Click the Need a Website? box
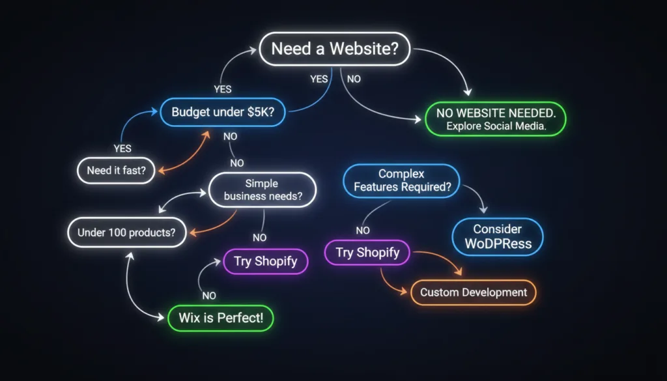tap(335, 49)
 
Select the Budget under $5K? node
tap(223, 112)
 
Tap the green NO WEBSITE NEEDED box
tap(496, 119)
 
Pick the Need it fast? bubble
tap(116, 171)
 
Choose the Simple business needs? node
tap(263, 190)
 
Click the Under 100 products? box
tap(127, 233)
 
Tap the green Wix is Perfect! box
tap(221, 318)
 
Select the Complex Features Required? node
tap(401, 180)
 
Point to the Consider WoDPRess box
tap(498, 237)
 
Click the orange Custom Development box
tap(474, 292)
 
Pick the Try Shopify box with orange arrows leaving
tap(367, 253)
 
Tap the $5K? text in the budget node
tap(261, 112)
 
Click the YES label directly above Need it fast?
tap(122, 148)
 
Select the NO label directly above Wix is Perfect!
tap(209, 296)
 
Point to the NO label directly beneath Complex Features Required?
tap(363, 231)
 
